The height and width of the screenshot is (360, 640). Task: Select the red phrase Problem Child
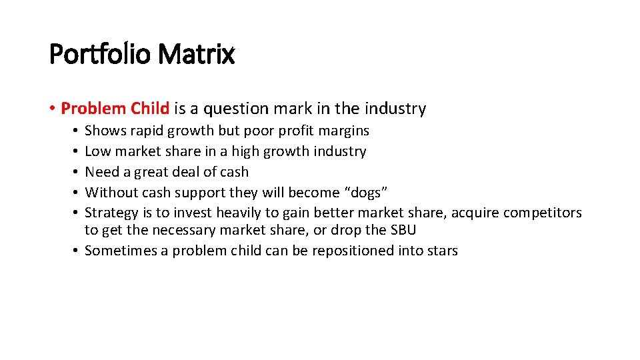115,109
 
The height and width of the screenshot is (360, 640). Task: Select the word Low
97,151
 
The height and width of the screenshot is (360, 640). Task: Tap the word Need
101,172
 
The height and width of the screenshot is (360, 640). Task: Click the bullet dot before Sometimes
78,251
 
